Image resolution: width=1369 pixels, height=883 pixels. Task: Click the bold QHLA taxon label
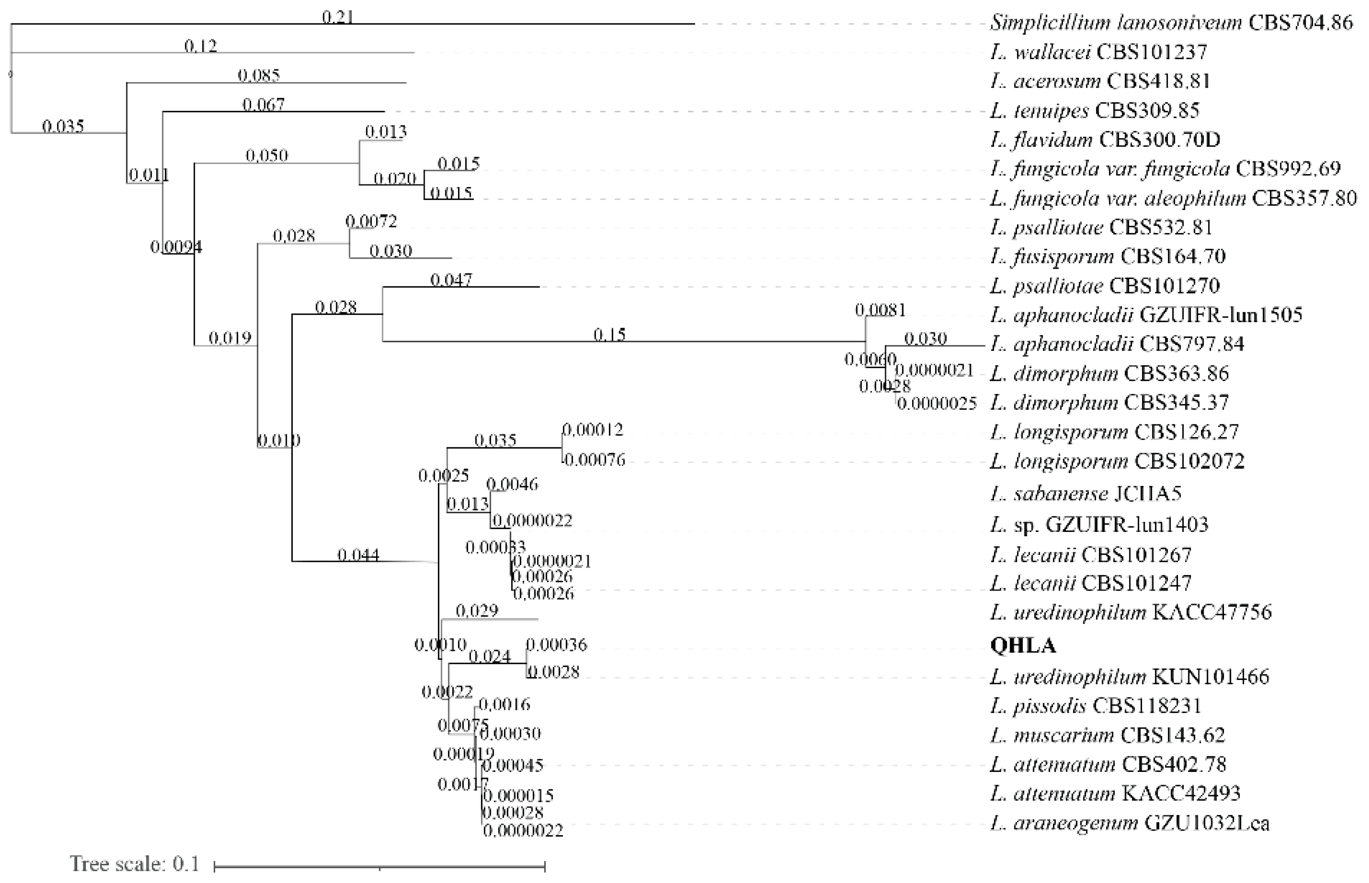(1022, 646)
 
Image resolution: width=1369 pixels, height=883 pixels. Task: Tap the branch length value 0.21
(337, 17)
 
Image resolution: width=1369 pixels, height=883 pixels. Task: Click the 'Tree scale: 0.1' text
(135, 864)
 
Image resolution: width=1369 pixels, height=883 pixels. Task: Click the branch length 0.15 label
(609, 334)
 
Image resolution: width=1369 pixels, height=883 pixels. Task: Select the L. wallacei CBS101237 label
(1098, 52)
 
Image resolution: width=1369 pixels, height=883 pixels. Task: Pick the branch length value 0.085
(259, 75)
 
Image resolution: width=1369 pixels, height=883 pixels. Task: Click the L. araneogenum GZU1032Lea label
(1129, 823)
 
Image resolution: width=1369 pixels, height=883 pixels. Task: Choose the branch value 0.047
(451, 280)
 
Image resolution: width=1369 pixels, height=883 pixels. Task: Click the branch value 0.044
(358, 555)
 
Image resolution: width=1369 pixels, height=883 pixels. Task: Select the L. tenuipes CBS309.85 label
(1094, 110)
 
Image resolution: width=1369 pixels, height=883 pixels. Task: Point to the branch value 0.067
(263, 104)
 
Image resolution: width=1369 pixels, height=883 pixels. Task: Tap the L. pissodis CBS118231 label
(1095, 705)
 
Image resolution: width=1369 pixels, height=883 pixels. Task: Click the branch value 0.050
(267, 155)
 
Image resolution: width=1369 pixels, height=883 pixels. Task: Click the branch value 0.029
(477, 611)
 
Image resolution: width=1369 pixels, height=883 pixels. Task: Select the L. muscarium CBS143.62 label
(1107, 735)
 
